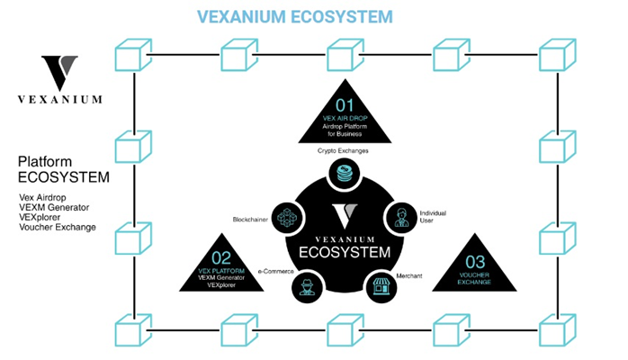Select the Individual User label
pyautogui.click(x=433, y=216)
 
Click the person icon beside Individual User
pyautogui.click(x=400, y=216)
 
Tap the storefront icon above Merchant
pyautogui.click(x=378, y=286)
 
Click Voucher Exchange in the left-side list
pyautogui.click(x=57, y=227)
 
